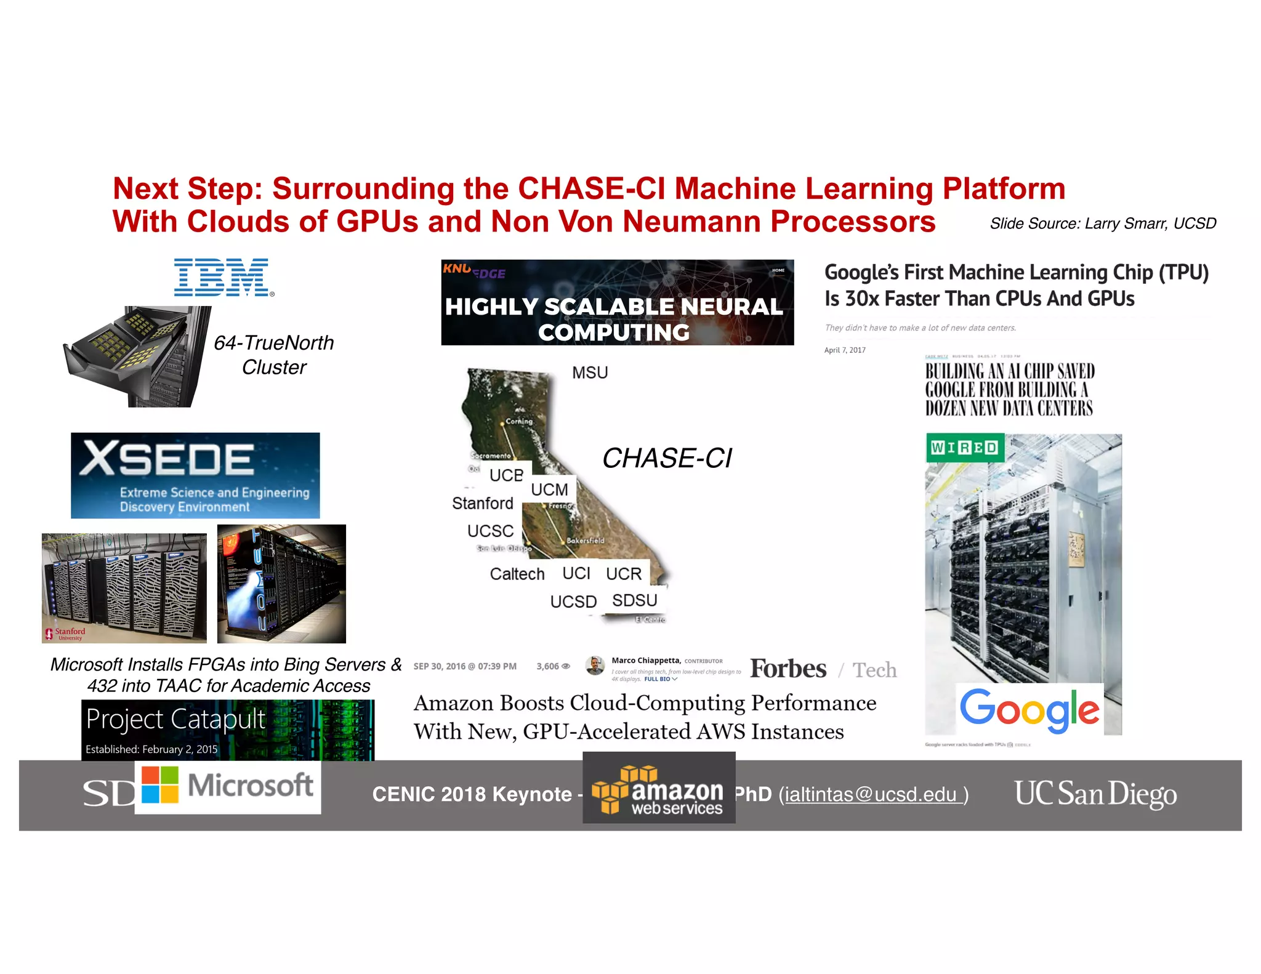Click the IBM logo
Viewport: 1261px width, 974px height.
(x=222, y=278)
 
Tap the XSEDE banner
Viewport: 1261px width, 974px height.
(x=195, y=475)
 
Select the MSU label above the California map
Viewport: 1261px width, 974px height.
(x=589, y=372)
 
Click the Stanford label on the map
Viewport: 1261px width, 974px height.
(x=482, y=503)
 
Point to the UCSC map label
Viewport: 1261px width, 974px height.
(x=490, y=531)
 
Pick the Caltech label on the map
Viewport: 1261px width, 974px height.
(x=517, y=574)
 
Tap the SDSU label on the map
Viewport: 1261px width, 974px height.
(x=634, y=600)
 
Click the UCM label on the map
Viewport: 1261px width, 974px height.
(x=549, y=489)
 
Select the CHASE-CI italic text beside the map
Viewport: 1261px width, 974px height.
(x=667, y=458)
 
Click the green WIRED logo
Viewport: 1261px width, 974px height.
(x=964, y=448)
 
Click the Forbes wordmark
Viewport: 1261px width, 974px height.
(x=788, y=669)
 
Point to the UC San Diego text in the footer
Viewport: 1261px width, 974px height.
(x=1095, y=794)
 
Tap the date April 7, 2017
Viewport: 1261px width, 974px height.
(x=844, y=350)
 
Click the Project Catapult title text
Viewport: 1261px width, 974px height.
(x=175, y=719)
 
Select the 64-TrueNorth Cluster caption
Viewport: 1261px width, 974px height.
(x=273, y=355)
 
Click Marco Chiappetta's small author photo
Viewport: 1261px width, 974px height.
(x=594, y=665)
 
